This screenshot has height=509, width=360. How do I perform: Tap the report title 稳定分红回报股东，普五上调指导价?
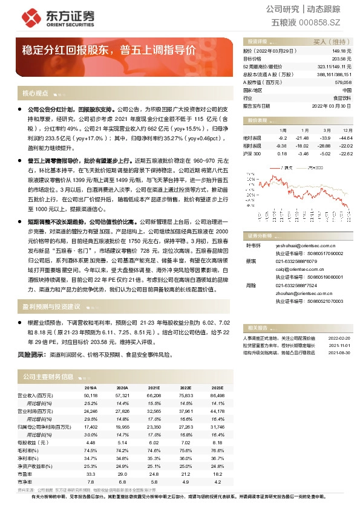coord(109,50)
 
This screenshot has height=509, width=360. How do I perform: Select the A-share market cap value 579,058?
coord(342,82)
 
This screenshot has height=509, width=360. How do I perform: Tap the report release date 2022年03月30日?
coord(332,105)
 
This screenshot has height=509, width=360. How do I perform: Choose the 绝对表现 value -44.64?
coord(345,138)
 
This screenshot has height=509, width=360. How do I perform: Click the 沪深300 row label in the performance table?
coord(252,154)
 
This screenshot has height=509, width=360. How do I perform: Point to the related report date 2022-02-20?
coord(339,338)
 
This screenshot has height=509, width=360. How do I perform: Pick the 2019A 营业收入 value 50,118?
coord(90,394)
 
